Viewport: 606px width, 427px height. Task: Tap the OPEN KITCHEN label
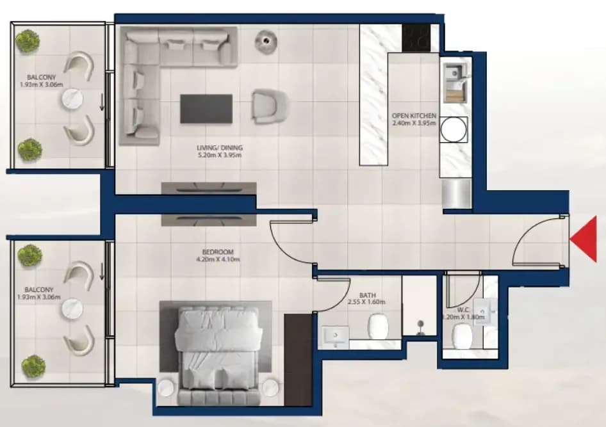(414, 115)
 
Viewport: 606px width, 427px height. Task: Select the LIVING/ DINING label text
(220, 147)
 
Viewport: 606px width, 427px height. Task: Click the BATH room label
(367, 295)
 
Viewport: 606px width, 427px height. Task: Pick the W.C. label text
(463, 310)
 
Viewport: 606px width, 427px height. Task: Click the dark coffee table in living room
(206, 109)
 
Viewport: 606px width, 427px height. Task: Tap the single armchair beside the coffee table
(270, 107)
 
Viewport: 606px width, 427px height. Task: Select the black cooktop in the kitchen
(416, 38)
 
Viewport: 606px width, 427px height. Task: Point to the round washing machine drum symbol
(454, 129)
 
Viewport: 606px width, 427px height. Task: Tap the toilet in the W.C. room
(463, 336)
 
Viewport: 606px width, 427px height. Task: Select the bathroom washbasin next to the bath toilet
(336, 337)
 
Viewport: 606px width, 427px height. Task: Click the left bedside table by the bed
(167, 387)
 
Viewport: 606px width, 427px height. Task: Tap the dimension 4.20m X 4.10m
(218, 259)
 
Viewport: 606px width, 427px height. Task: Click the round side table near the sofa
(266, 40)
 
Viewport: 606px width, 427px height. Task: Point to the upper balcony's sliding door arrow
(102, 102)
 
